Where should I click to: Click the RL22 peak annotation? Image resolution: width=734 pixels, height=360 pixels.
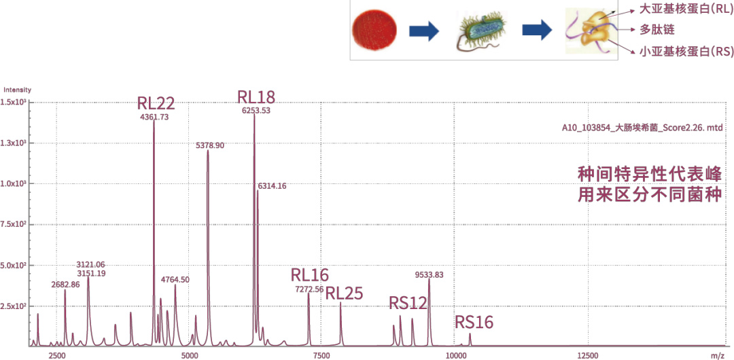click(x=156, y=104)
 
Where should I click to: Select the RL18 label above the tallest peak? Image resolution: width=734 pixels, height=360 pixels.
click(x=256, y=96)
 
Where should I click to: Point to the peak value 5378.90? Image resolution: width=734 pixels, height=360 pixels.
click(x=210, y=145)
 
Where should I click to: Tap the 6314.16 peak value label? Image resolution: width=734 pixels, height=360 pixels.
click(x=272, y=186)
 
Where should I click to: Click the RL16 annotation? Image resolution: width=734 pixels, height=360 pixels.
click(x=309, y=275)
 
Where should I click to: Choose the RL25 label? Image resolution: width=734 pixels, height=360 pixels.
click(x=344, y=293)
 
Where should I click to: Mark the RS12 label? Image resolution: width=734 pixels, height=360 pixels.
click(x=408, y=303)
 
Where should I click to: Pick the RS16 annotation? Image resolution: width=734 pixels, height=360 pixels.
click(x=474, y=323)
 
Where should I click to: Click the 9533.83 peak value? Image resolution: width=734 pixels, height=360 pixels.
click(x=429, y=275)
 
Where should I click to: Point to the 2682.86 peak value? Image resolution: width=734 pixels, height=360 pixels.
click(x=65, y=285)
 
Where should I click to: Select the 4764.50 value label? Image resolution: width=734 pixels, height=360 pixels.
click(x=175, y=280)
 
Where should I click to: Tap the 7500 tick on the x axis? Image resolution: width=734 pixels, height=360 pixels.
click(x=321, y=355)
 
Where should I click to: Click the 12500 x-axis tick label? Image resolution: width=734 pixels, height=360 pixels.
click(x=587, y=355)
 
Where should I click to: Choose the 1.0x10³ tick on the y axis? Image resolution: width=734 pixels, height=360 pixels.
click(x=13, y=184)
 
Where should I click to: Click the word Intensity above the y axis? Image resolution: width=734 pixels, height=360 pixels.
click(x=17, y=90)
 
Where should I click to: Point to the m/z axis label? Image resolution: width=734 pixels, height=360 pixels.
click(x=717, y=355)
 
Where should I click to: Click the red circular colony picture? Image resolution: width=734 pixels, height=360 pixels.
click(x=374, y=31)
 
